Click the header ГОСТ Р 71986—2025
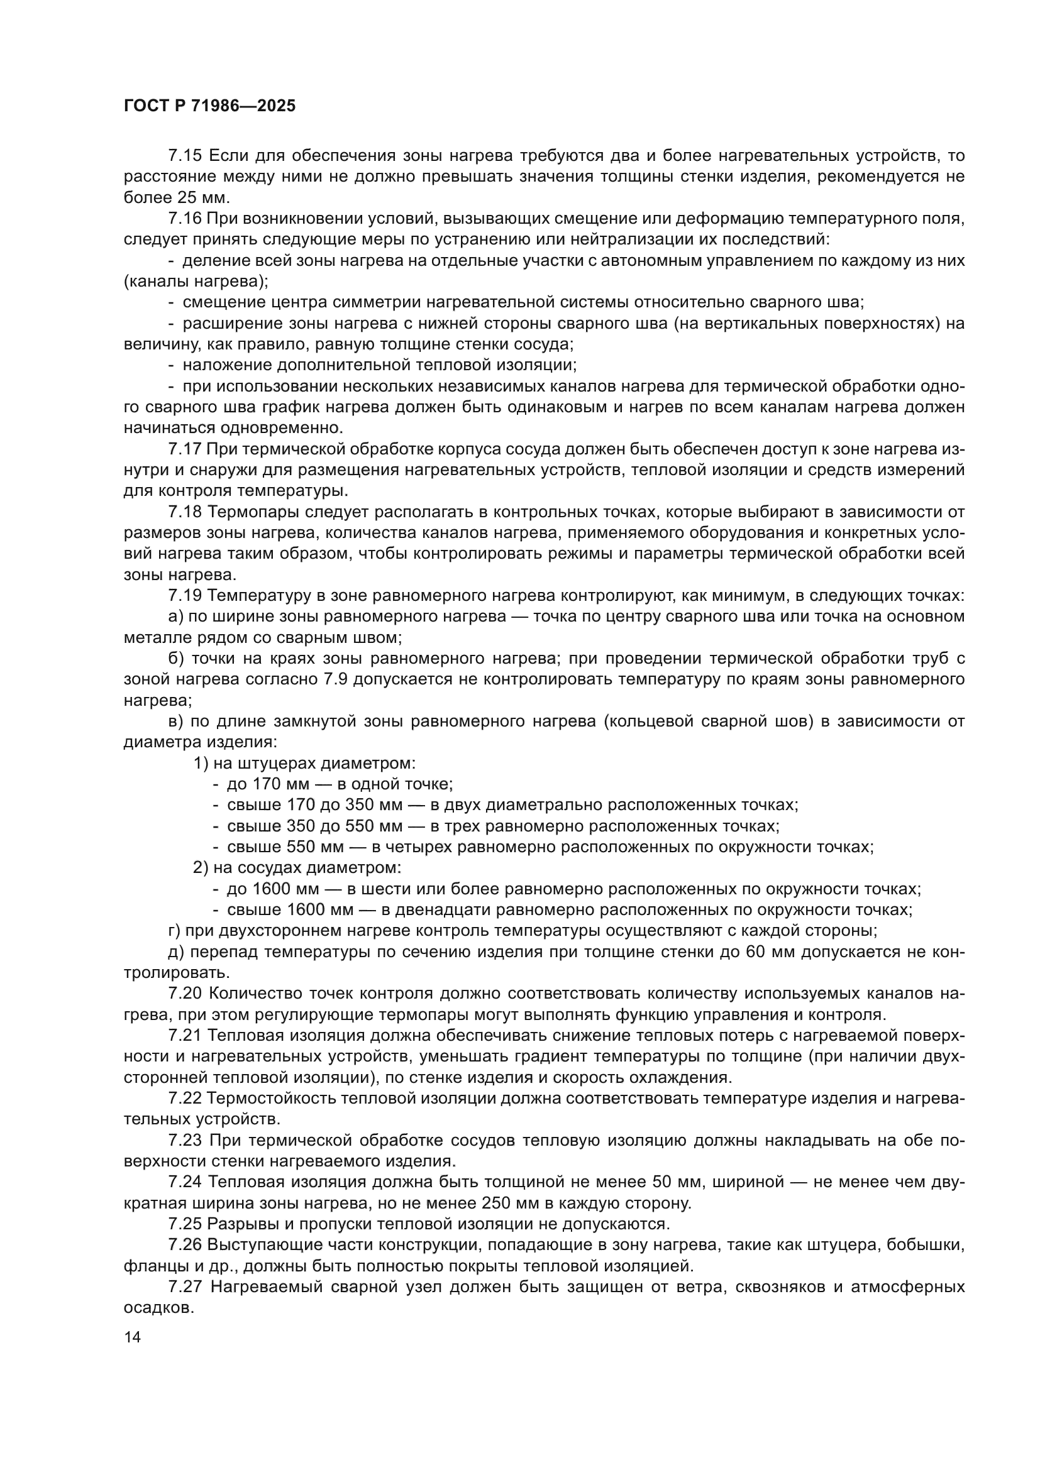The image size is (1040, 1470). point(209,106)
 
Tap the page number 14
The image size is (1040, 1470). point(132,1337)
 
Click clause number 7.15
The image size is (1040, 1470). point(185,156)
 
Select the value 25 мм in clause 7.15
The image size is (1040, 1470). point(198,197)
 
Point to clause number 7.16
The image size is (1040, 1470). point(185,218)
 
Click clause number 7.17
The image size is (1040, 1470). point(185,449)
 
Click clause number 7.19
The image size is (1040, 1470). point(185,596)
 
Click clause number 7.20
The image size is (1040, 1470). point(185,994)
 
